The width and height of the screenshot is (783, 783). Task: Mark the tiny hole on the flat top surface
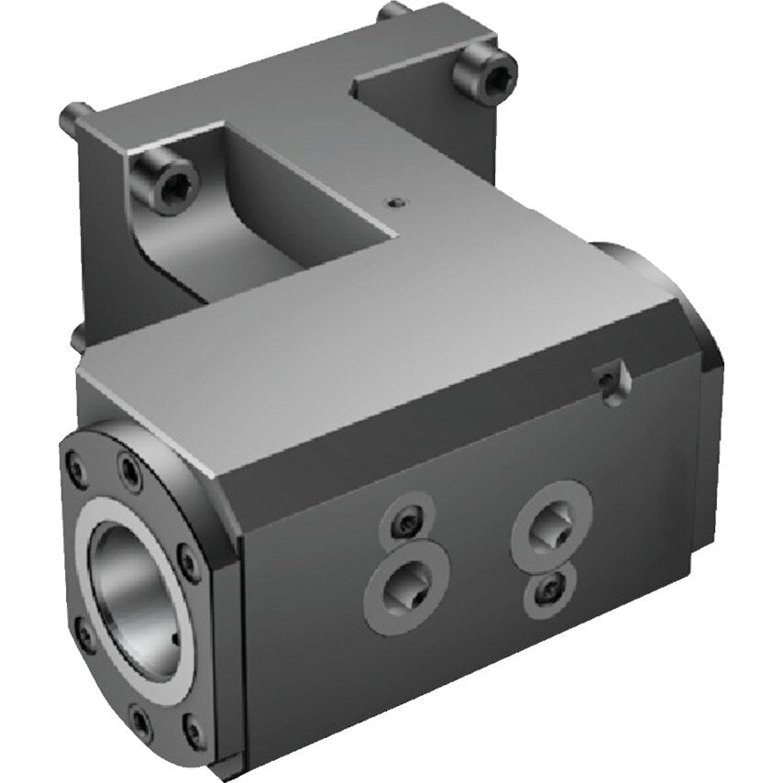tap(393, 202)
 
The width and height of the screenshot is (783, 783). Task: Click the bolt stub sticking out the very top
tap(392, 12)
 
